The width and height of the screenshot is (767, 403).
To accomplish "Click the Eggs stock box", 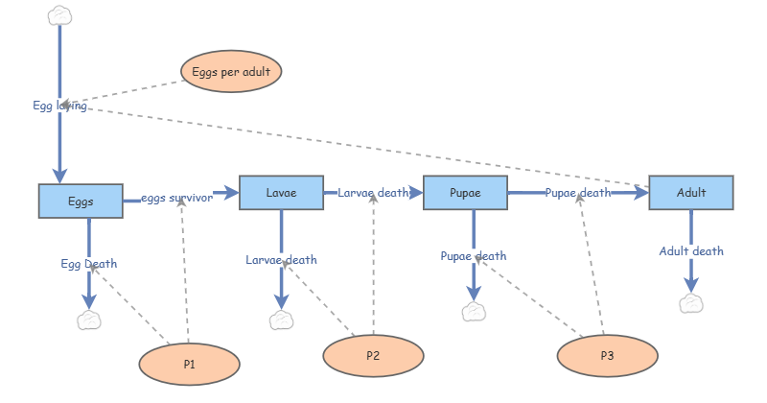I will tap(81, 201).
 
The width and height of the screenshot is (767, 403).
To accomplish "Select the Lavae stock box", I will tap(281, 193).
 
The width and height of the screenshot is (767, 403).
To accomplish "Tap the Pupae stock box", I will tap(464, 193).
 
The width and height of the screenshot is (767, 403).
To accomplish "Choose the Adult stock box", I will tap(691, 193).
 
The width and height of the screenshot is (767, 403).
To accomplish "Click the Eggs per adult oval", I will tap(231, 72).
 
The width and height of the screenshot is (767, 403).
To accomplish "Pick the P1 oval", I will tap(189, 365).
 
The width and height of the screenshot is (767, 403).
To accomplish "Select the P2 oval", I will tap(373, 356).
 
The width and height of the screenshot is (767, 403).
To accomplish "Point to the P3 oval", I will tap(607, 356).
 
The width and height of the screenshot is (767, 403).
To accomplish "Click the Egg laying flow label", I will tap(59, 106).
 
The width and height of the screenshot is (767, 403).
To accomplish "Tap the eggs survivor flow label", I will tap(176, 199).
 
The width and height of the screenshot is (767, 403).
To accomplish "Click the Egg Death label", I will tap(89, 263).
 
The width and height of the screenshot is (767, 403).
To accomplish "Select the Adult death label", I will tap(691, 251).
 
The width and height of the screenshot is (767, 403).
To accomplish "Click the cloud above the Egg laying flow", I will tap(59, 14).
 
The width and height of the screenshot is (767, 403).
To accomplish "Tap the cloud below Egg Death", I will tap(89, 320).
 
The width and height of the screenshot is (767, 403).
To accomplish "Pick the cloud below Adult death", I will tap(691, 303).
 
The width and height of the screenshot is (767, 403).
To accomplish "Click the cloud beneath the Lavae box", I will tap(281, 320).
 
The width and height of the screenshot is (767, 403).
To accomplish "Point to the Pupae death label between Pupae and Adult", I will tap(578, 193).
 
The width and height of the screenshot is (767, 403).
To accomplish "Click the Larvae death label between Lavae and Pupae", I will tap(373, 193).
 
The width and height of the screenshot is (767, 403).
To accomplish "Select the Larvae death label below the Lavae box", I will tap(281, 259).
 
